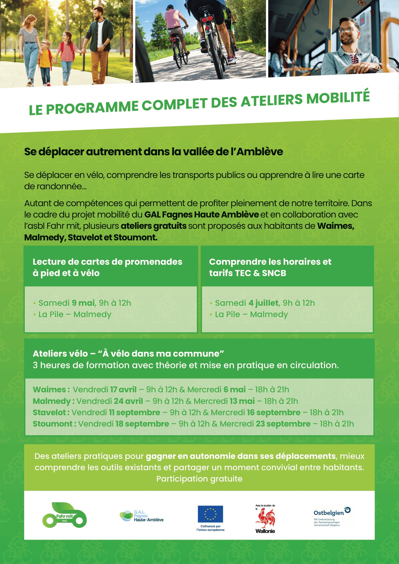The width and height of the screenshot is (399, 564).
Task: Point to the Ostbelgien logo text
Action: pos(329,513)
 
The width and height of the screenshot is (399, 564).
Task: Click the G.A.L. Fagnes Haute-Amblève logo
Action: pos(142,516)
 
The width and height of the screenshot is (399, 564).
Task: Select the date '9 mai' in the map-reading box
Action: pos(83,303)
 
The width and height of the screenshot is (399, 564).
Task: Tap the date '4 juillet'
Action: pos(263,303)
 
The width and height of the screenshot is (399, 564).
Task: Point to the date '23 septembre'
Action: pos(283,424)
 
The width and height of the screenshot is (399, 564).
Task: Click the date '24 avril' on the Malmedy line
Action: pos(128,401)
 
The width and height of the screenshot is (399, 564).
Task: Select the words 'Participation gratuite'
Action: pos(199,479)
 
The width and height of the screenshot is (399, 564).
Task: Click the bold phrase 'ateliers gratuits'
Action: pos(154,226)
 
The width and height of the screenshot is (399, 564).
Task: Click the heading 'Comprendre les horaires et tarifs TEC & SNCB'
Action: pos(270,267)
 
